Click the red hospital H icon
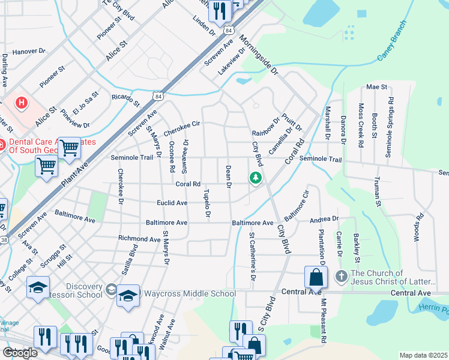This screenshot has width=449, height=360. [22, 103]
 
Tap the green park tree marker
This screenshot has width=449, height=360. [256, 178]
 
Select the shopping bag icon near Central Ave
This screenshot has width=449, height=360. [316, 278]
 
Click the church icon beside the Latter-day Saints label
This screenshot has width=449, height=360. [342, 277]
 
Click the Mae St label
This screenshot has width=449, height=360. [376, 87]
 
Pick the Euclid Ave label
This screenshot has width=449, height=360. [172, 203]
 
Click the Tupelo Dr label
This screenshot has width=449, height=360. [207, 203]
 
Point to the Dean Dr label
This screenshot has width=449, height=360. [228, 177]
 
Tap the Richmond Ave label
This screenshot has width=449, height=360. [139, 238]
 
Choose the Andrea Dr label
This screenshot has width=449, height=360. [325, 220]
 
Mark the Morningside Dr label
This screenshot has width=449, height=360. [259, 57]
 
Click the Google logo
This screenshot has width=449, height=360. [20, 353]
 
